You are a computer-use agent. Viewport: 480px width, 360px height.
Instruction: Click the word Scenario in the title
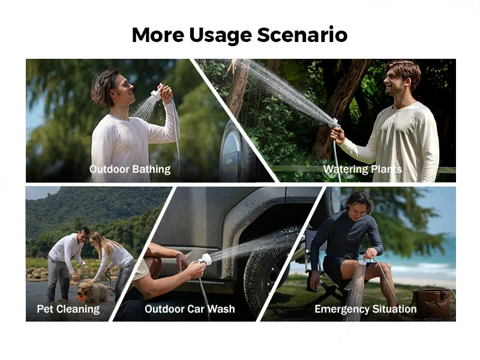[302, 35]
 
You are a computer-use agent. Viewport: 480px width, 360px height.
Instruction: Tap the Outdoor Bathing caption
[130, 169]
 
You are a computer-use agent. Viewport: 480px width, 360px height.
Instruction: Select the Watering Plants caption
[362, 169]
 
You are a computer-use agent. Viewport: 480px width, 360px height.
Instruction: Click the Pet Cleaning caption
[68, 309]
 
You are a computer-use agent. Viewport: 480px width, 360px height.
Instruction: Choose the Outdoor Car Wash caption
[190, 309]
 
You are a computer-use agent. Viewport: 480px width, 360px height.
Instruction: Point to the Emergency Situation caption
[365, 309]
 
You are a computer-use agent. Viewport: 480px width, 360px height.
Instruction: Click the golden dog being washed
[93, 292]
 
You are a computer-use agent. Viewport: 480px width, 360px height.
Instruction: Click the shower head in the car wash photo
[205, 260]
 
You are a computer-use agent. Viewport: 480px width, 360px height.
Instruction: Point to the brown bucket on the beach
[431, 304]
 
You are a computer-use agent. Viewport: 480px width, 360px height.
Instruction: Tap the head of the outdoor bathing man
[108, 87]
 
